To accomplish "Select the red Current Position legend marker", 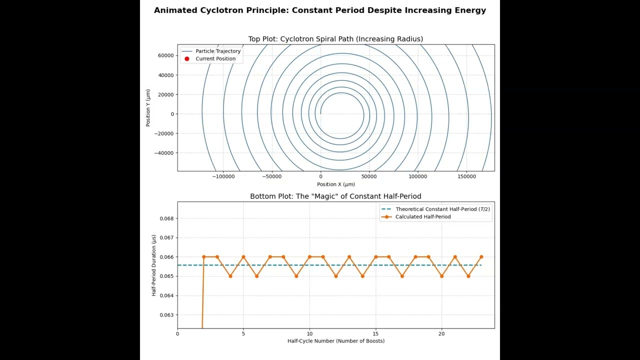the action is tap(187, 59).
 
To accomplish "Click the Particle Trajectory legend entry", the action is tap(211, 51).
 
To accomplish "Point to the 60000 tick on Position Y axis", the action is tap(165, 55).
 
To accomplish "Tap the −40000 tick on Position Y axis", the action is tap(164, 153).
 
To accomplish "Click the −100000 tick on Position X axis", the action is tap(223, 176).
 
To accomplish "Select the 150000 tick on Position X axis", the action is tap(466, 176).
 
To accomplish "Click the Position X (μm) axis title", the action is tap(336, 184).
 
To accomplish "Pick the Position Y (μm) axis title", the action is tap(148, 107).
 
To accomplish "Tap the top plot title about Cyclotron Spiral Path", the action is tap(335, 39).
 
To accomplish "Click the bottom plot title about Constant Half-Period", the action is tap(335, 196).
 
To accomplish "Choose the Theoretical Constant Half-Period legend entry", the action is tap(436, 209).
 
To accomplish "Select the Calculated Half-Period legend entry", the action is tap(416, 217).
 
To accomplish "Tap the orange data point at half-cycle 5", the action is tap(243, 257).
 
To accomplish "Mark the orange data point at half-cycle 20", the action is tap(441, 276).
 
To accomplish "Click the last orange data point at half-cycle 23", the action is tap(481, 257).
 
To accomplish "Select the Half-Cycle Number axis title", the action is tap(336, 341).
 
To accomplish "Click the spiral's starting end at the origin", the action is tap(320, 113).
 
